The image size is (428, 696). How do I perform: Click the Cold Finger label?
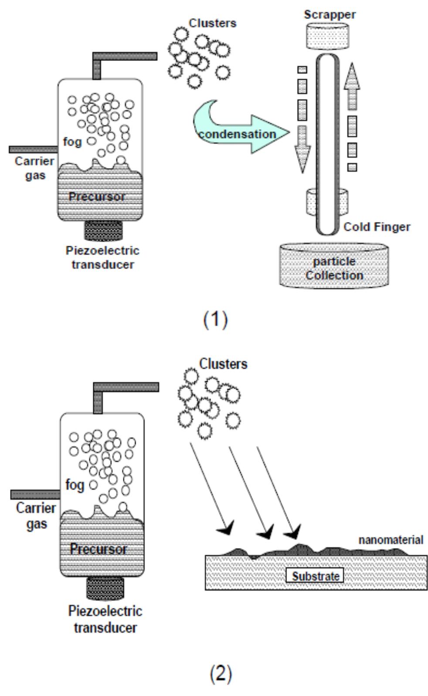point(377,227)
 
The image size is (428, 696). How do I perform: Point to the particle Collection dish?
point(334,268)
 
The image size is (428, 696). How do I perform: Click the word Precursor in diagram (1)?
point(96,197)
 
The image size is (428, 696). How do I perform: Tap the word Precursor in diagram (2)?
point(99,549)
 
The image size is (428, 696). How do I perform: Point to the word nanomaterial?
point(391,540)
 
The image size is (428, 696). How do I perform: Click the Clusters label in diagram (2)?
point(223,363)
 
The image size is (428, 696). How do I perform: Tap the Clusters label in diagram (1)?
point(213,23)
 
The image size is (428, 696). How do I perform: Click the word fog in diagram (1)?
point(72,142)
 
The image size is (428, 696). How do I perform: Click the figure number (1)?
point(215,320)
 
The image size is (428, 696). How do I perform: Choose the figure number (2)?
point(221,674)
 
